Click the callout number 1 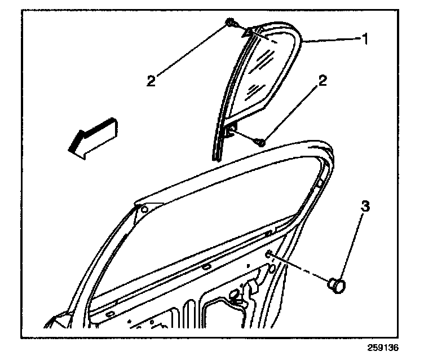pyautogui.click(x=365, y=39)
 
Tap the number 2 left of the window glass pyautogui.click(x=151, y=80)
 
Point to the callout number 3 pyautogui.click(x=365, y=207)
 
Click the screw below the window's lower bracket pyautogui.click(x=260, y=142)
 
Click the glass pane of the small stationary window pyautogui.click(x=265, y=73)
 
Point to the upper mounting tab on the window pyautogui.click(x=249, y=34)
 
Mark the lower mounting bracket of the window pyautogui.click(x=230, y=130)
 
